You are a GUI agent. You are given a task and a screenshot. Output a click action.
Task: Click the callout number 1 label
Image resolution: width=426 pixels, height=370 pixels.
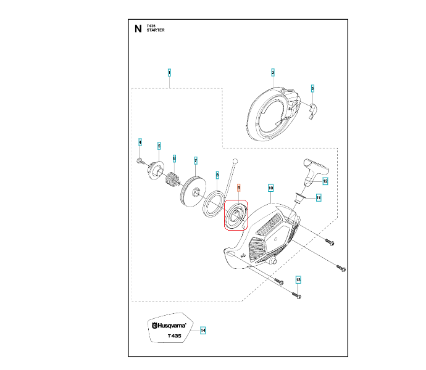coord(169,73)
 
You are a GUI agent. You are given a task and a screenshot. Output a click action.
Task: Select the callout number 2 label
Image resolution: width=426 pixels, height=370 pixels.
coord(272,73)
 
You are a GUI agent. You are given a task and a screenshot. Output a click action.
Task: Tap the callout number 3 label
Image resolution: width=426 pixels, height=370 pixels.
coord(312,89)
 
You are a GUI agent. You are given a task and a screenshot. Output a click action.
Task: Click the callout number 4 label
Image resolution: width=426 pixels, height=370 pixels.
coord(140,143)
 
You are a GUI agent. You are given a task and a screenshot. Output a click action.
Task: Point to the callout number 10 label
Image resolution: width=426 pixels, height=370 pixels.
coord(270,186)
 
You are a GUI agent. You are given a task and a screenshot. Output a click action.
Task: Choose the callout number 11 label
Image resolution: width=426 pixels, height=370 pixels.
coord(319,197)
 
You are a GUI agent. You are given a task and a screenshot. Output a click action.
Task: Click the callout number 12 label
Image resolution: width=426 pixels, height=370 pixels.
coord(325,181)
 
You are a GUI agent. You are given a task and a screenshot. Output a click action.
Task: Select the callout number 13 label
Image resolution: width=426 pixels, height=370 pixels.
coord(298,280)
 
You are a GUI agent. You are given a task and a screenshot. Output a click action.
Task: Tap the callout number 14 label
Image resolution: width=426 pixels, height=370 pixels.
coord(203,331)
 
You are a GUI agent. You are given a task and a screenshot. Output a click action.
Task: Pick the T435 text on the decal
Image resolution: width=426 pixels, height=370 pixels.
coord(174,336)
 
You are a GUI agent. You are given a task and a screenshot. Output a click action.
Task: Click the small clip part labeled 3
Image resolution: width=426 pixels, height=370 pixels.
coord(314,109)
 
